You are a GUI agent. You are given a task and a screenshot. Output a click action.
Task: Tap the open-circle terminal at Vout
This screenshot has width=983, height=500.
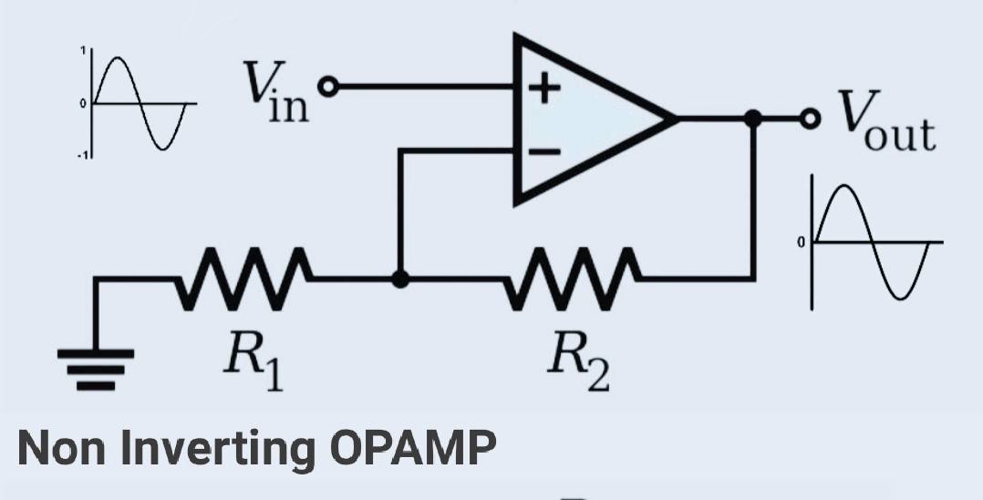tap(807, 118)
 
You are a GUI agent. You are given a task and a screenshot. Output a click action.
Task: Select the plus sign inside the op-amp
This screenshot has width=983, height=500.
tap(544, 89)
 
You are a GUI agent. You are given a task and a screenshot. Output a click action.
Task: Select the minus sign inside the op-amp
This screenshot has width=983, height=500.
tap(544, 152)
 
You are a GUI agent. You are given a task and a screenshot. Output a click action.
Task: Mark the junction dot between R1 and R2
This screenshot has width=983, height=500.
tap(398, 278)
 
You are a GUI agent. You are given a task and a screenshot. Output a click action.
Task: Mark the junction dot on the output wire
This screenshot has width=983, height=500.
tap(752, 118)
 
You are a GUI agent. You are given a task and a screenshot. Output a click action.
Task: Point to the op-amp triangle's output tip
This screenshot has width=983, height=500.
tap(674, 118)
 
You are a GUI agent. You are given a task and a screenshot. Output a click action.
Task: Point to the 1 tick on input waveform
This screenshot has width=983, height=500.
tap(85, 52)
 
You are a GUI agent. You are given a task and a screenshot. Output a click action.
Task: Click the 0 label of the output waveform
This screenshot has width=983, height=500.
tap(802, 243)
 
